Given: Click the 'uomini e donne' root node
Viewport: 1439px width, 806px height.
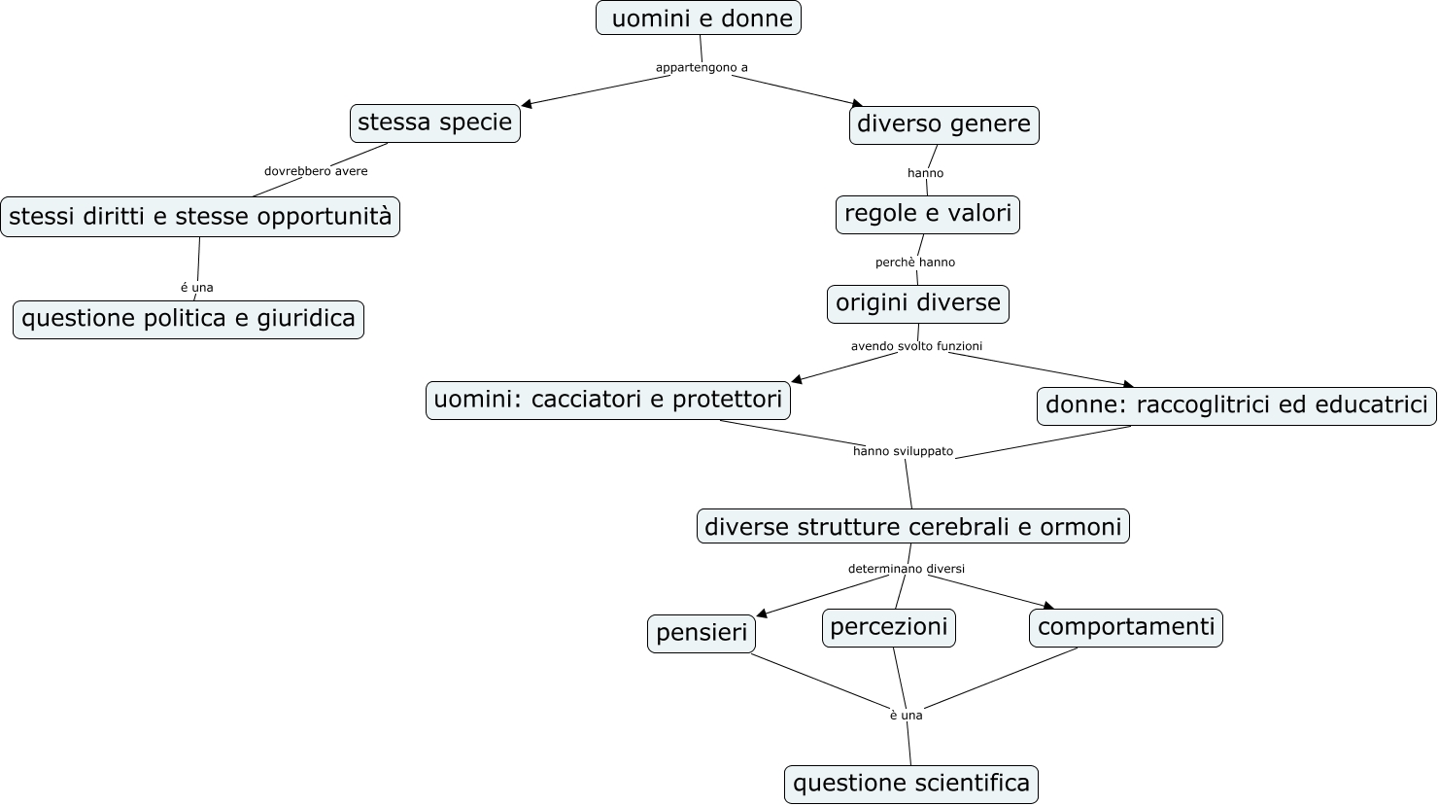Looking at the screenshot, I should click(x=698, y=18).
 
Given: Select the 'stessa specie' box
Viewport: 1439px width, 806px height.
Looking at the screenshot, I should click(x=434, y=123).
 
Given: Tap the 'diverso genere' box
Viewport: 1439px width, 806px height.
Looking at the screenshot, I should click(x=943, y=125).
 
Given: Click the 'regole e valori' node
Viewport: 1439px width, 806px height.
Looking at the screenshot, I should click(x=927, y=214).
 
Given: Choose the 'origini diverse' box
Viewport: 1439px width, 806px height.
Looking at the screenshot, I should click(x=917, y=303).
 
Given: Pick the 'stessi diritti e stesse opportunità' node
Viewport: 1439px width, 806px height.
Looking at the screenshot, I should click(x=200, y=217).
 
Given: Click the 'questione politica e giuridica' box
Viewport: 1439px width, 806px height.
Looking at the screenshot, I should click(x=188, y=319).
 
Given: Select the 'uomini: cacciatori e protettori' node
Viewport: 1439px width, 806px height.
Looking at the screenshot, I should click(x=607, y=400).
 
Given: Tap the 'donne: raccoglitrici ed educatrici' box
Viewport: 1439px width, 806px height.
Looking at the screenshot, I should click(x=1236, y=405).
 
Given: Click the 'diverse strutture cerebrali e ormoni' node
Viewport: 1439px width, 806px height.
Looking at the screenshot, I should click(x=912, y=527).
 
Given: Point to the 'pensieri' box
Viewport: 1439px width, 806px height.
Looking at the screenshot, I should click(x=701, y=633).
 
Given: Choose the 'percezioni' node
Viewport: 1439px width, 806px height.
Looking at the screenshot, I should click(x=888, y=627).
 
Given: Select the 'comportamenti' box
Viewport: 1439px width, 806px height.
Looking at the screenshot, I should click(x=1125, y=627).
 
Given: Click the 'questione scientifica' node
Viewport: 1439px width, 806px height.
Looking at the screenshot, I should click(x=910, y=784).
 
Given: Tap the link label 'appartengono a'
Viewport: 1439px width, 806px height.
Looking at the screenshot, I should click(x=702, y=68).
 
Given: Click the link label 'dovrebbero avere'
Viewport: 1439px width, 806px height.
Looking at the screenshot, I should click(x=316, y=171).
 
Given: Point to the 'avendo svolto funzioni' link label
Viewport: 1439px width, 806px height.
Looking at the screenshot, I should click(x=916, y=346).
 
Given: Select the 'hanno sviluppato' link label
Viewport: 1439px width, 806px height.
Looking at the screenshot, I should click(x=903, y=451).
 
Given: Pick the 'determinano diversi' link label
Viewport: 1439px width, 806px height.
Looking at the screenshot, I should click(x=906, y=569).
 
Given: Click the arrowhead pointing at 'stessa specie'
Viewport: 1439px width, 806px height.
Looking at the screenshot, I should click(x=528, y=104).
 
